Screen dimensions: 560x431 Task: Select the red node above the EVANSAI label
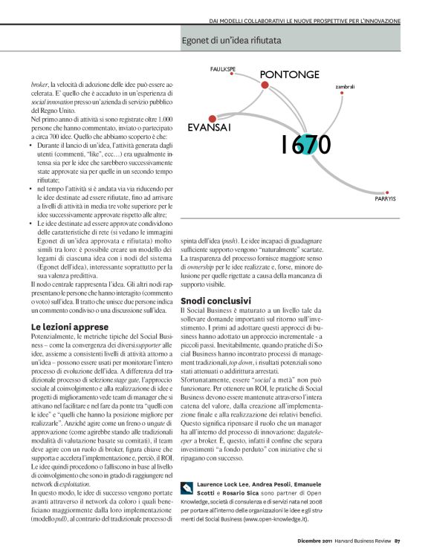pyautogui.click(x=213, y=118)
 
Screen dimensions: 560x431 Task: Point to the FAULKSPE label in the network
pyautogui.click(x=223, y=68)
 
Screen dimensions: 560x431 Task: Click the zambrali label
pyautogui.click(x=345, y=87)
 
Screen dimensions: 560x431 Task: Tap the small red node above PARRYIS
pyautogui.click(x=379, y=191)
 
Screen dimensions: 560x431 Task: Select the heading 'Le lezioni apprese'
pyautogui.click(x=70, y=326)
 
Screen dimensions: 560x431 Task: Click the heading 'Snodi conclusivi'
pyautogui.click(x=216, y=301)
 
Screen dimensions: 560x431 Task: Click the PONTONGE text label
pyautogui.click(x=290, y=75)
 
